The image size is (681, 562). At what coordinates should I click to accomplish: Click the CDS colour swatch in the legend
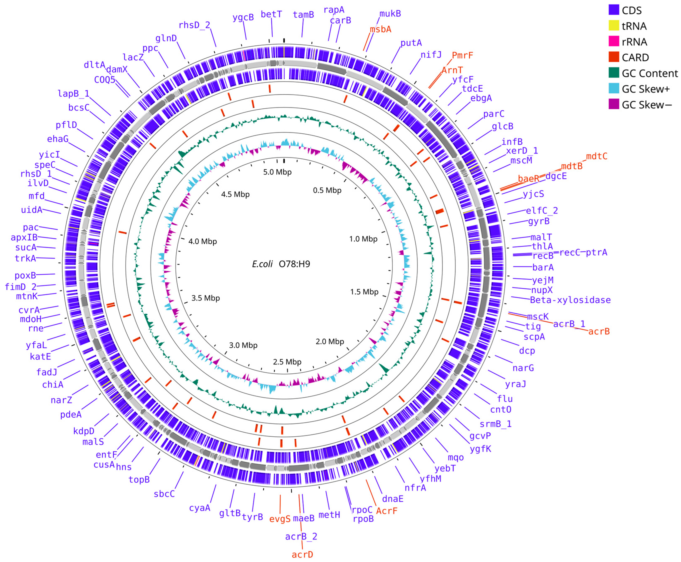click(614, 10)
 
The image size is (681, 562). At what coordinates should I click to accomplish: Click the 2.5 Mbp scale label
click(287, 362)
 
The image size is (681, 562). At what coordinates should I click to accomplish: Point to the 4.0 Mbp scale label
click(203, 241)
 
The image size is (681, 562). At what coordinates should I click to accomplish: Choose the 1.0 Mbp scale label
click(363, 239)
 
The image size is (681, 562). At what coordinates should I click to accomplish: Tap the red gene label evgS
click(280, 519)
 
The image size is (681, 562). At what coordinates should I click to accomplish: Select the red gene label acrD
click(302, 554)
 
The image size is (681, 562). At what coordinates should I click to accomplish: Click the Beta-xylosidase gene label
click(570, 300)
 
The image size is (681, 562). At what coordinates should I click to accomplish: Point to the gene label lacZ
click(133, 57)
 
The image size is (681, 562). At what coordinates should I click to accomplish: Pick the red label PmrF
click(462, 55)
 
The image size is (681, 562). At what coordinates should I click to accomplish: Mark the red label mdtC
click(597, 156)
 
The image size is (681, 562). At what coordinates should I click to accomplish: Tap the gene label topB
click(139, 479)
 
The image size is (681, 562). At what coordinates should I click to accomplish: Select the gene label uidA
click(31, 210)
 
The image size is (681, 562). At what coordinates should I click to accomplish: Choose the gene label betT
click(271, 14)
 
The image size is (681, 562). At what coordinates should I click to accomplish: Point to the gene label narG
click(523, 368)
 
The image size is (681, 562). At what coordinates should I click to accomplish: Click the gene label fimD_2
click(20, 287)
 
